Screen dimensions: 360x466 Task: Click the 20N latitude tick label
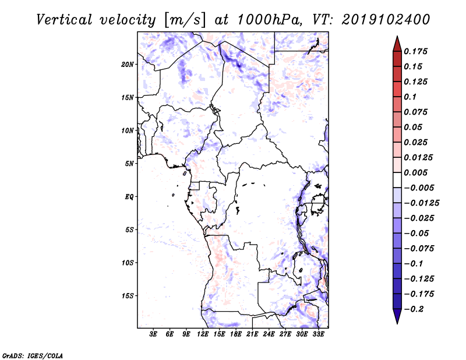pos(128,64)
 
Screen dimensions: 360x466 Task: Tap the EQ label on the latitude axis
pos(129,197)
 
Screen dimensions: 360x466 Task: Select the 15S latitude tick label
pos(128,296)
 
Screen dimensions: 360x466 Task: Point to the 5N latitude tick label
pos(129,164)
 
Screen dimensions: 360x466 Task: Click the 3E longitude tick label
pos(153,334)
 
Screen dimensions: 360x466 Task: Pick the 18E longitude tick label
pos(236,334)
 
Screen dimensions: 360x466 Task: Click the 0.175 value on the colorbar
pos(417,51)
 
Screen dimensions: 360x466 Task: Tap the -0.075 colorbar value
pos(419,248)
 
